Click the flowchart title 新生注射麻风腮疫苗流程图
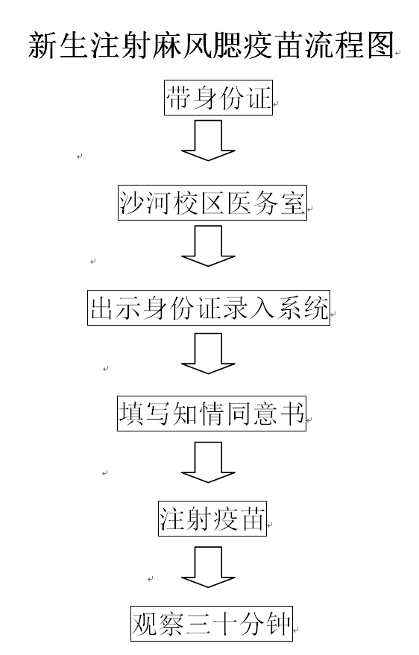coord(212,45)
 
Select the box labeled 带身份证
coord(218,98)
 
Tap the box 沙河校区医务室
coord(212,203)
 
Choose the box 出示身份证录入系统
coord(209,308)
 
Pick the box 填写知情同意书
coord(212,414)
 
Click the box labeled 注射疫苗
coord(212,519)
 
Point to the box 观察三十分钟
coord(212,624)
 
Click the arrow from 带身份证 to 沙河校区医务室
coord(208,140)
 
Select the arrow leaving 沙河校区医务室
coord(208,246)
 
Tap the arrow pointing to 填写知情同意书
coord(208,353)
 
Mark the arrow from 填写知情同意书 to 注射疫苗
coord(208,463)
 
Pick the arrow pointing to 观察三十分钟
coord(208,567)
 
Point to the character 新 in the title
coord(42,45)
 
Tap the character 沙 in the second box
coord(132,203)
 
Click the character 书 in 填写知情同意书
coord(292,414)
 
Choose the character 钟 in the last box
coord(278,624)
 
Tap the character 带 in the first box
coord(179,98)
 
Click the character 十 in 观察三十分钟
coord(225,624)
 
